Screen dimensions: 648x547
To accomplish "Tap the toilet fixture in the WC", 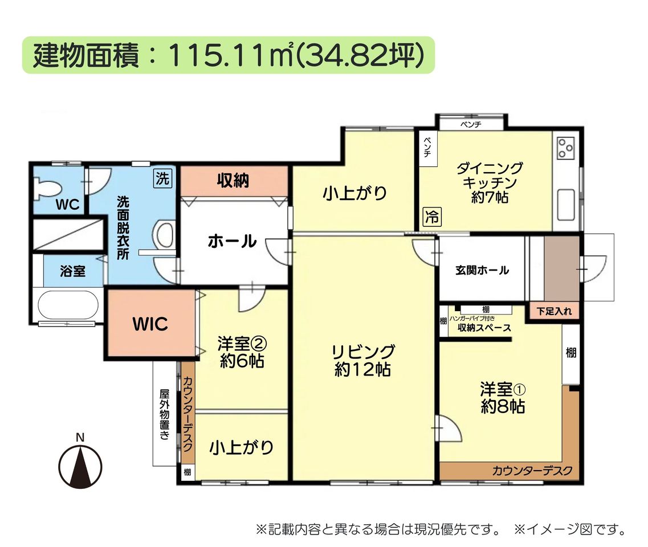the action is (x=47, y=189).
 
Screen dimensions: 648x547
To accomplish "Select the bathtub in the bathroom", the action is (x=68, y=305).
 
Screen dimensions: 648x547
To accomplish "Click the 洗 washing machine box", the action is (x=162, y=178).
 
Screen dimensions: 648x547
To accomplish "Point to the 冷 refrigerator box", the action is (x=432, y=217).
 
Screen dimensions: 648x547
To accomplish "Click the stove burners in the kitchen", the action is (x=565, y=148).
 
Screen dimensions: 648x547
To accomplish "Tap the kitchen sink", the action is (x=566, y=205).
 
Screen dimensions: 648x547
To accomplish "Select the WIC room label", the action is (x=150, y=324).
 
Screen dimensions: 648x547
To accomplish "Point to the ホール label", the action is (x=233, y=240).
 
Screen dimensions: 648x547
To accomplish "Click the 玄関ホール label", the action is (x=482, y=270).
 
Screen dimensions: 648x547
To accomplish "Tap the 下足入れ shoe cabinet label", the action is (x=554, y=311).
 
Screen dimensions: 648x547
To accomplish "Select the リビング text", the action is (x=363, y=352).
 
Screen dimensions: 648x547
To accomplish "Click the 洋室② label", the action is (x=242, y=344).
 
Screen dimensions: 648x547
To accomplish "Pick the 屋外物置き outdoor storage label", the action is (x=165, y=414).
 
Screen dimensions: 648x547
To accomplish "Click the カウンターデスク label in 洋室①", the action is (x=532, y=471).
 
